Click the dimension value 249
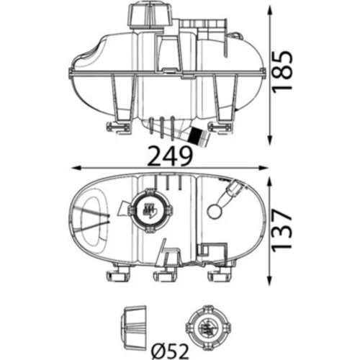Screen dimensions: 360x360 click(170, 156)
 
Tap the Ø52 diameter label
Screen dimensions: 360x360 click(170, 351)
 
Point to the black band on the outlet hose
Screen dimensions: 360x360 click(195, 136)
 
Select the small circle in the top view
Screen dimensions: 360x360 click(215, 212)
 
